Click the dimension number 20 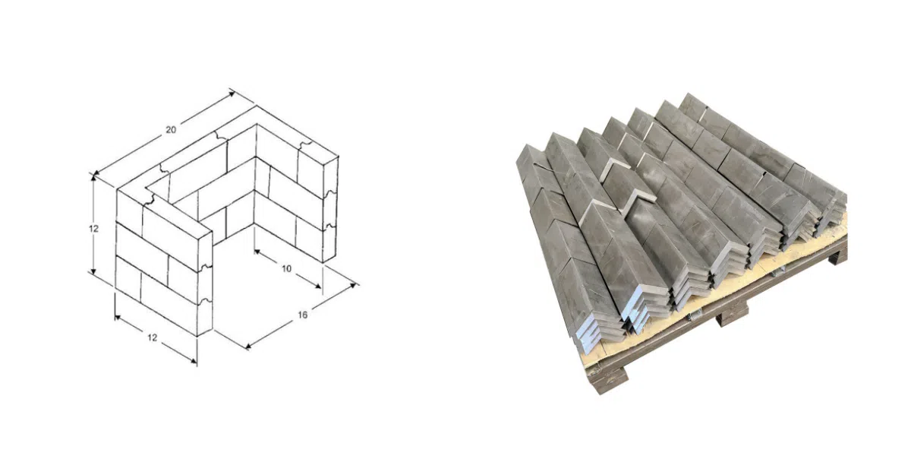pyautogui.click(x=171, y=130)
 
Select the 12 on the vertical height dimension pyautogui.click(x=93, y=229)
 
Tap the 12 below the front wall pyautogui.click(x=152, y=337)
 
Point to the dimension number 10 pyautogui.click(x=287, y=269)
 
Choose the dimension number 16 pyautogui.click(x=303, y=315)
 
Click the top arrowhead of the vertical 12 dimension pyautogui.click(x=93, y=176)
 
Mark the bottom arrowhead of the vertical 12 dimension pyautogui.click(x=93, y=271)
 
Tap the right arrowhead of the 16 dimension pyautogui.click(x=354, y=286)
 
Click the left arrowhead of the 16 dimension pyautogui.click(x=248, y=346)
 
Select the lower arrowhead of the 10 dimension pyautogui.click(x=317, y=286)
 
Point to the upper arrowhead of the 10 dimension pyautogui.click(x=257, y=252)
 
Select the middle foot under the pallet pyautogui.click(x=732, y=315)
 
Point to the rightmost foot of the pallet pyautogui.click(x=838, y=255)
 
